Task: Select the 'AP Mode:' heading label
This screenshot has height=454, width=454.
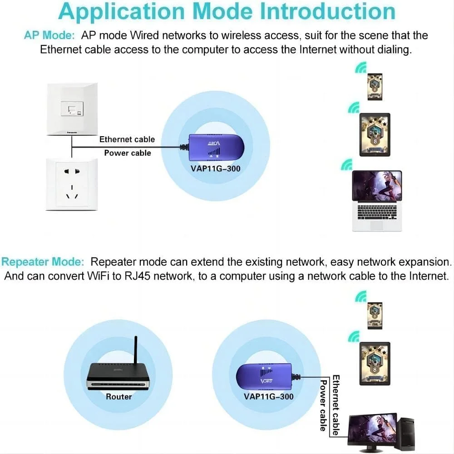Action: tap(49, 35)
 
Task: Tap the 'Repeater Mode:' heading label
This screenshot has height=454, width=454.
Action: tap(43, 262)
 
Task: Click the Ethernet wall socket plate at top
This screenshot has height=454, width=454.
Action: tap(72, 109)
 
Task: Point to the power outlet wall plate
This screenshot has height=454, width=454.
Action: tap(72, 184)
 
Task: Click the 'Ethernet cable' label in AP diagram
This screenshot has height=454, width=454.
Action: tap(127, 139)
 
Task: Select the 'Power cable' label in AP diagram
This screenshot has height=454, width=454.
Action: tap(128, 153)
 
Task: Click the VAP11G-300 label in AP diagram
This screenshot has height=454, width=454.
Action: tap(216, 169)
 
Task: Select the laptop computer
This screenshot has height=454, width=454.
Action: tap(377, 200)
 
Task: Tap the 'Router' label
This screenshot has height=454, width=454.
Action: tap(118, 397)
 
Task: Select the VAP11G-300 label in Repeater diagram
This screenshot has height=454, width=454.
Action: tap(269, 397)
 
